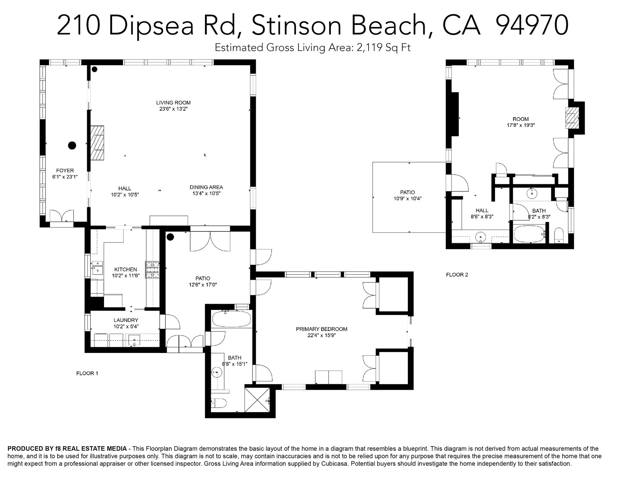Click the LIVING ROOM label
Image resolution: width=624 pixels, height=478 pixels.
[x=173, y=103]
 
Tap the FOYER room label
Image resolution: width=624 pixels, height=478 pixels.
[x=65, y=170]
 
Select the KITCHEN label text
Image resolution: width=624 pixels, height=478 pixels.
[x=125, y=269]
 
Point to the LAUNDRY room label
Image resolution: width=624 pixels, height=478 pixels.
[x=126, y=320]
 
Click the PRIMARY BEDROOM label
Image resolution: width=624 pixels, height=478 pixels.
[x=321, y=329]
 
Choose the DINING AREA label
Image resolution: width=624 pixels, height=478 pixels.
[x=206, y=187]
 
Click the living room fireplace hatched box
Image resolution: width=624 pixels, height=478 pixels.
[x=97, y=143]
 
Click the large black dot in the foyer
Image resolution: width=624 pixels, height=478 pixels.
[x=72, y=145]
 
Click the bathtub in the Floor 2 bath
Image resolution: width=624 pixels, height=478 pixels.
[x=529, y=234]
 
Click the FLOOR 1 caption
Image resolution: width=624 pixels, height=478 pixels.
[x=87, y=373]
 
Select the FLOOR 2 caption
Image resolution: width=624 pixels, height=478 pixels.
[x=457, y=275]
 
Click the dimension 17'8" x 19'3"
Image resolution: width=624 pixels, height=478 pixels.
[x=521, y=125]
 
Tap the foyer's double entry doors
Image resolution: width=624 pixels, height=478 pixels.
[x=66, y=215]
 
